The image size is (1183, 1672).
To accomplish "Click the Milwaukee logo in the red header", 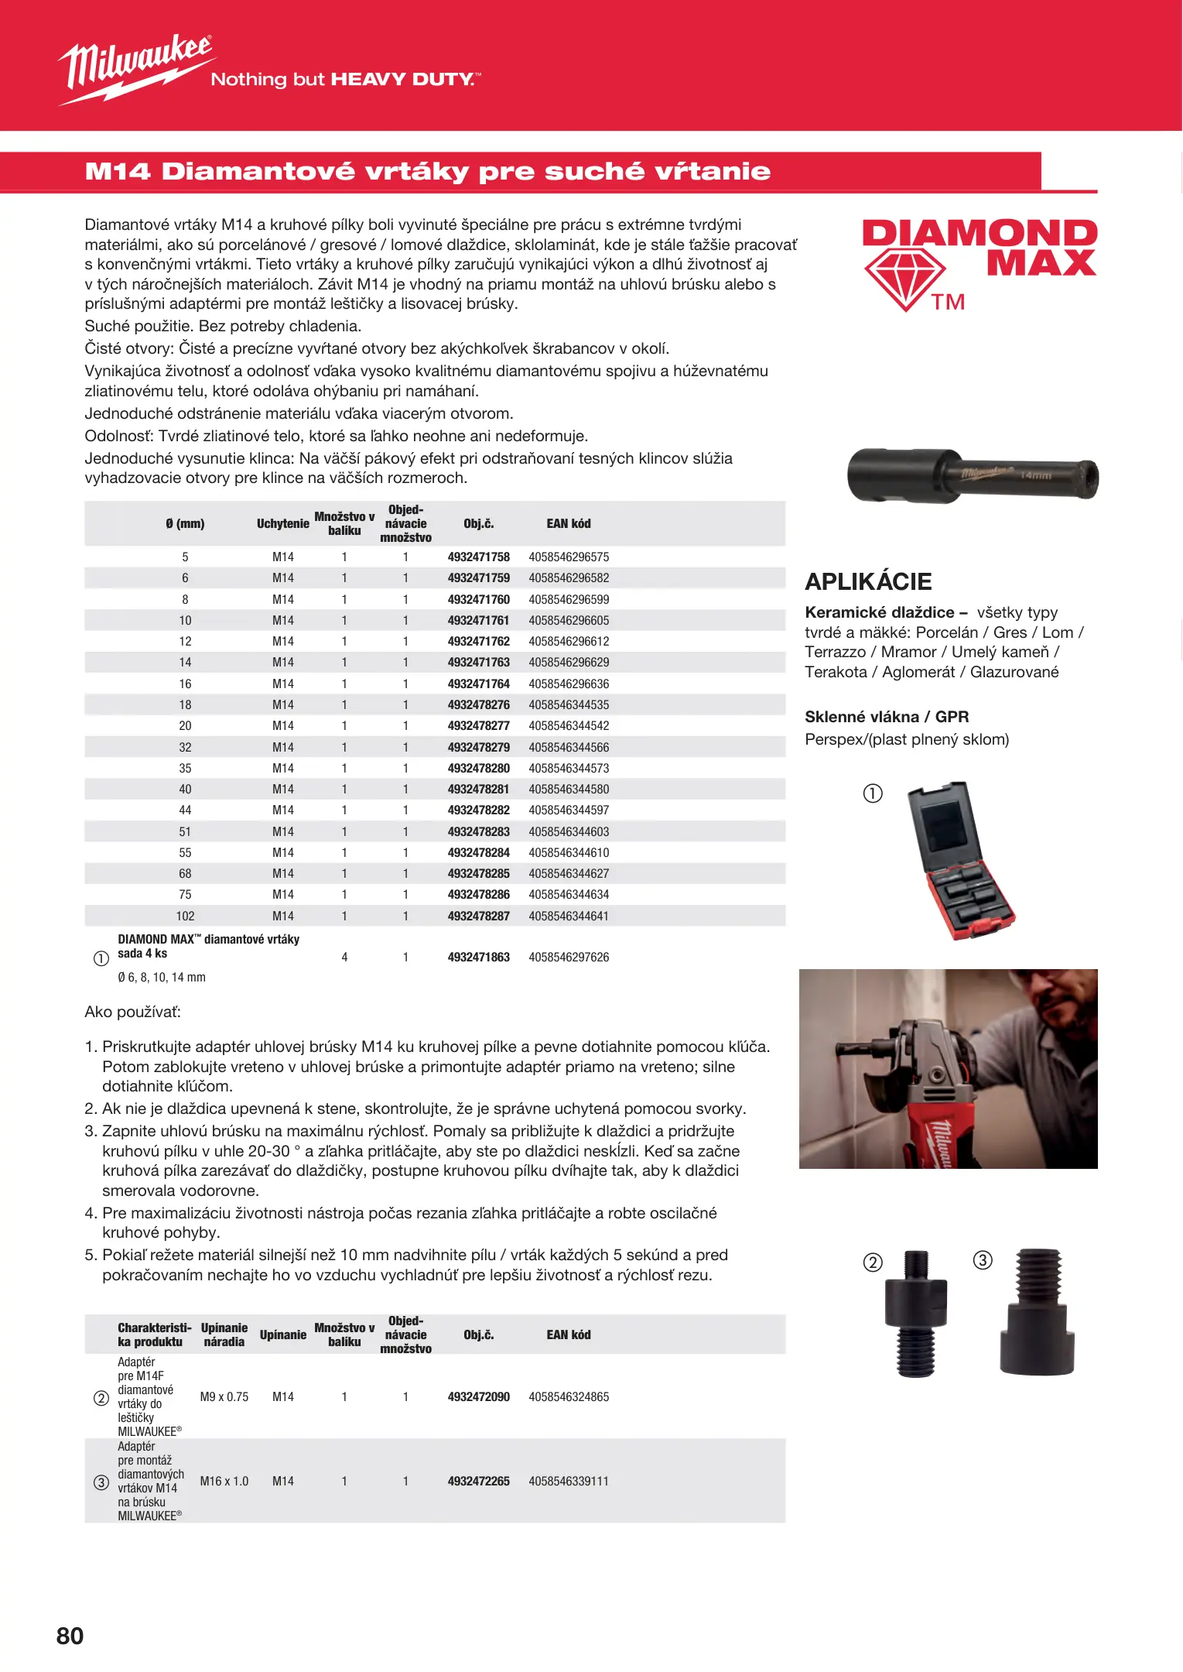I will (x=136, y=68).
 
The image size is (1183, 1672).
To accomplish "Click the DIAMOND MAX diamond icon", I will (x=904, y=279).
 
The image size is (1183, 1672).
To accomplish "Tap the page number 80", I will (x=70, y=1636).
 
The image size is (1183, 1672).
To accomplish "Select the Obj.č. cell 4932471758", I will (x=478, y=557).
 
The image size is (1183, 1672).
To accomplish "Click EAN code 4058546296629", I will (x=569, y=663).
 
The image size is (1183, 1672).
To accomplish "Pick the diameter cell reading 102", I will (x=185, y=917).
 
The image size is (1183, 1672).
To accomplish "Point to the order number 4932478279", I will (x=478, y=748).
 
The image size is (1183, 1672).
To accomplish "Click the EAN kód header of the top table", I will (x=569, y=524).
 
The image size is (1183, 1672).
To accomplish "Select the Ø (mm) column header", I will (x=185, y=524).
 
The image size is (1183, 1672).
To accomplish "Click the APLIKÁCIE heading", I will (x=868, y=581).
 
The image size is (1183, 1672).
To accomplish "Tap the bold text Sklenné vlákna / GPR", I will (x=887, y=717).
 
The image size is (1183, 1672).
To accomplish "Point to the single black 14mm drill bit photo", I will (x=972, y=475).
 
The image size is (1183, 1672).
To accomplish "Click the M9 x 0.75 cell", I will (x=224, y=1397).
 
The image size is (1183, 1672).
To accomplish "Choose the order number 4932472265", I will (x=478, y=1482).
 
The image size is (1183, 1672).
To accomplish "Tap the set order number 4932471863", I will (x=478, y=958).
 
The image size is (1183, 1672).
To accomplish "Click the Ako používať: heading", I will (x=132, y=1012).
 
